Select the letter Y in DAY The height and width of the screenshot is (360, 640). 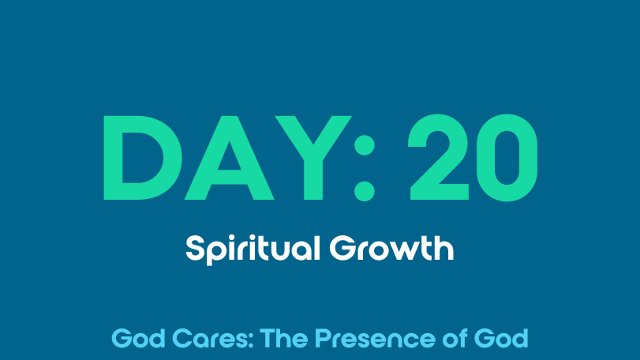[313, 158]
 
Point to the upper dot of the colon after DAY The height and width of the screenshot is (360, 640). [365, 145]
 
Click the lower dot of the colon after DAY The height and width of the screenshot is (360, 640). [365, 191]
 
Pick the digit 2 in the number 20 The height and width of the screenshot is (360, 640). [439, 157]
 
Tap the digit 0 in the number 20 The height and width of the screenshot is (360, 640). [507, 158]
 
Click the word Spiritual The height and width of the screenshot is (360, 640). [253, 249]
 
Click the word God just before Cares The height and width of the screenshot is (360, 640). [138, 339]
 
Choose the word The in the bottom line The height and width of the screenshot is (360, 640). [283, 339]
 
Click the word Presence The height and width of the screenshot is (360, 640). [375, 339]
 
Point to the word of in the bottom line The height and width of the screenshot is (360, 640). [455, 338]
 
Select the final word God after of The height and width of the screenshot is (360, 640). [502, 339]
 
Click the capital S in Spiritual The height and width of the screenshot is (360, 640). [195, 248]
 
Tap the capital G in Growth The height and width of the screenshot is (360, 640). [342, 248]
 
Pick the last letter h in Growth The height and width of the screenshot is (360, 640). [444, 248]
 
